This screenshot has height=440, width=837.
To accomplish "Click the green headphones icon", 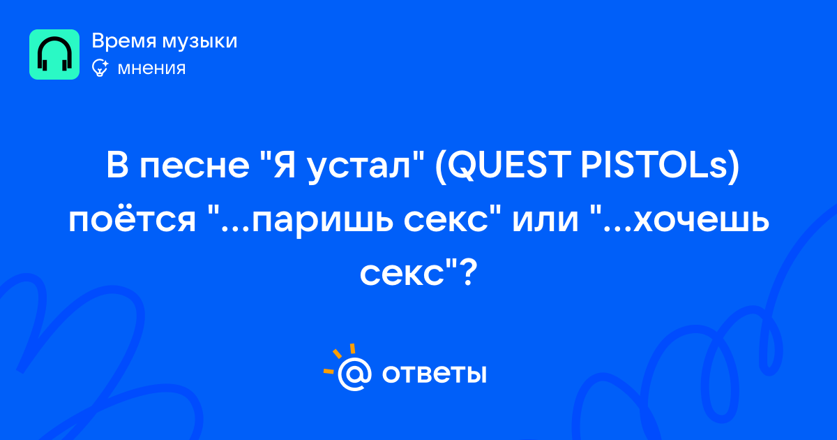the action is [54, 54].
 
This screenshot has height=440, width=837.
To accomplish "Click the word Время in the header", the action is [123, 41].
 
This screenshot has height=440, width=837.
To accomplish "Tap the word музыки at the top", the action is [199, 42].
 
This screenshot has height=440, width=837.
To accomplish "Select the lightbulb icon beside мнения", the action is [100, 68].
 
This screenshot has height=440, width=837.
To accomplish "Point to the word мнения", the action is [151, 69].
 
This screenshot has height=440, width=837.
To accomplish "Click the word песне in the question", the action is [195, 166].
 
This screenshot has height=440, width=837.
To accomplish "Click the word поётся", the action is [133, 219].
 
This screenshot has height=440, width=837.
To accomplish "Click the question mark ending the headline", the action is [468, 272].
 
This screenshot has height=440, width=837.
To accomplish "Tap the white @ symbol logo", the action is [354, 374].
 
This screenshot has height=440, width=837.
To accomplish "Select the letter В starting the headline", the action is [117, 165].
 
